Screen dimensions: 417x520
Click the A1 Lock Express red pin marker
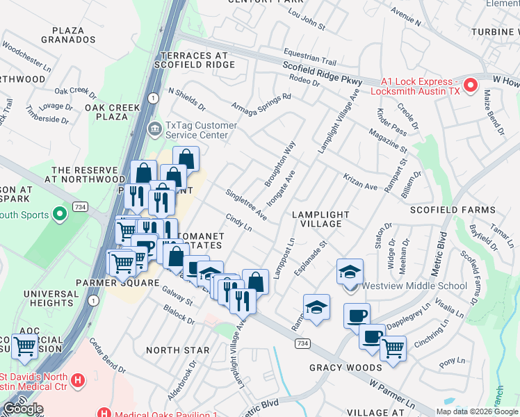(471, 85)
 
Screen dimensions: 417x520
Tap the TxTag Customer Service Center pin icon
(154, 128)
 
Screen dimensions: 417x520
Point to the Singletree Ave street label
(247, 204)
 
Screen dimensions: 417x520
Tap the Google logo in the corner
(22, 409)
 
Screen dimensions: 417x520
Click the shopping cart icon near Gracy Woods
(393, 347)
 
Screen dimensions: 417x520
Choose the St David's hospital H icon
(78, 381)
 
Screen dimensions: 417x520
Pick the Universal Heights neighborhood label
(51, 299)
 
